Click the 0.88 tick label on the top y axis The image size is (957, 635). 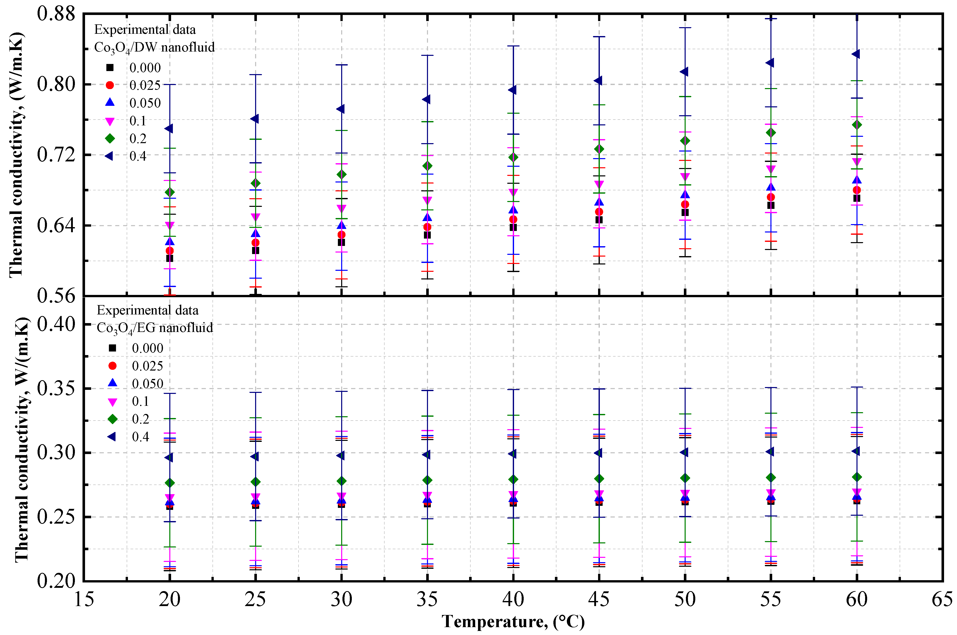[56, 13]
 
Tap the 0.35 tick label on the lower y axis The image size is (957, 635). [56, 388]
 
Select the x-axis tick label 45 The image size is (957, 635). [599, 599]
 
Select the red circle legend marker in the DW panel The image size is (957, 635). [110, 85]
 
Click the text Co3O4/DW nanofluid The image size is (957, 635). [154, 48]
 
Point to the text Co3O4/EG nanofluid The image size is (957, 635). [155, 328]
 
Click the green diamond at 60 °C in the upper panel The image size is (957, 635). [856, 125]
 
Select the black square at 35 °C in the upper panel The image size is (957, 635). [427, 235]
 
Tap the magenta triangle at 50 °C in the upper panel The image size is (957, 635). [685, 177]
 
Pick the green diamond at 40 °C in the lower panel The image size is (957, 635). [513, 479]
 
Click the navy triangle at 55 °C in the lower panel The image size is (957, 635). [770, 452]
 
